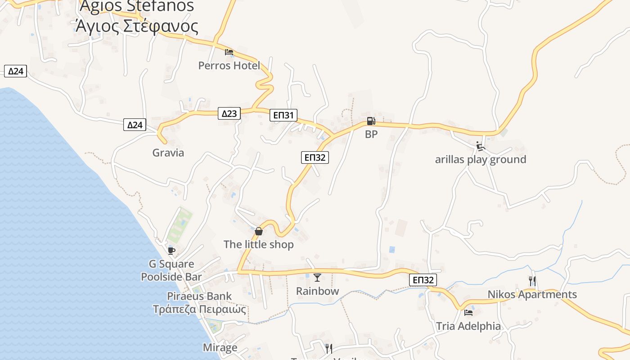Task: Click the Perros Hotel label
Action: click(x=229, y=66)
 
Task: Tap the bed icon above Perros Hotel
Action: click(x=229, y=52)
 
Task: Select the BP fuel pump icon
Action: click(x=370, y=121)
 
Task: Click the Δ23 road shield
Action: click(x=229, y=113)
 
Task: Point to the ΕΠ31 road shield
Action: click(x=283, y=116)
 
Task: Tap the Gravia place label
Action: click(x=168, y=153)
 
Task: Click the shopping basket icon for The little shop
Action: click(x=259, y=231)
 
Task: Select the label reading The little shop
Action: click(x=258, y=244)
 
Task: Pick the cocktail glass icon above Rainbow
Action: click(x=317, y=278)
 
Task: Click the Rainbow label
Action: click(x=317, y=291)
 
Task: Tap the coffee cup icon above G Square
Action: click(x=171, y=251)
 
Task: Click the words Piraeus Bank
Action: click(x=199, y=296)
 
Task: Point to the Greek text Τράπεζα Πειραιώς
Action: click(x=199, y=310)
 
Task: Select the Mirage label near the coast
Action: click(x=220, y=347)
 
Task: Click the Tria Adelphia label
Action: click(x=468, y=326)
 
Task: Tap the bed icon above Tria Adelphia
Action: click(x=468, y=312)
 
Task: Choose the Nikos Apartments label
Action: click(x=532, y=294)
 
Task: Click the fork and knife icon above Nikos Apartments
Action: click(x=532, y=281)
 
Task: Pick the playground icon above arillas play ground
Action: click(x=481, y=146)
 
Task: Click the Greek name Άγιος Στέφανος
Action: click(x=137, y=26)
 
